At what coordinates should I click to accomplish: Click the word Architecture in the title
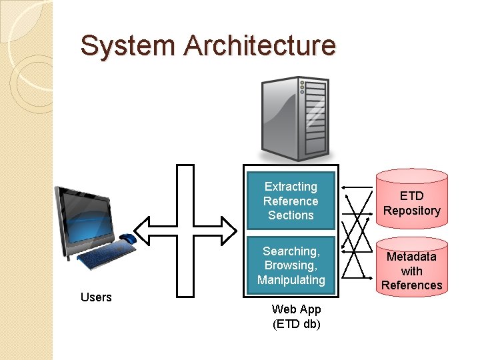click(x=260, y=46)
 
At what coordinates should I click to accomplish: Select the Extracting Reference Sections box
click(x=291, y=201)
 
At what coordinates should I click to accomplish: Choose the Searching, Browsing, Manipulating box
click(x=291, y=265)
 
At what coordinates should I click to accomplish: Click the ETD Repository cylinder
click(x=411, y=200)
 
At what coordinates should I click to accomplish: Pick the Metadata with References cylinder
click(x=411, y=267)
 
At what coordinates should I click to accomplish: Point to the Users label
click(x=96, y=297)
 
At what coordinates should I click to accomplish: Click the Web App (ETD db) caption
click(x=296, y=317)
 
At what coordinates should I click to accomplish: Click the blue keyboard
click(x=106, y=255)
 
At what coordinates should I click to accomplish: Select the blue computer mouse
click(x=128, y=238)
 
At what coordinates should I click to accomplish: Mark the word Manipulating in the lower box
click(x=291, y=280)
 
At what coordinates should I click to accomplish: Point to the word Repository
click(x=411, y=211)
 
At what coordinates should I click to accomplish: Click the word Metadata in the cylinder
click(x=411, y=257)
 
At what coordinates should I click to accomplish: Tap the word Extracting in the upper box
click(x=291, y=187)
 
